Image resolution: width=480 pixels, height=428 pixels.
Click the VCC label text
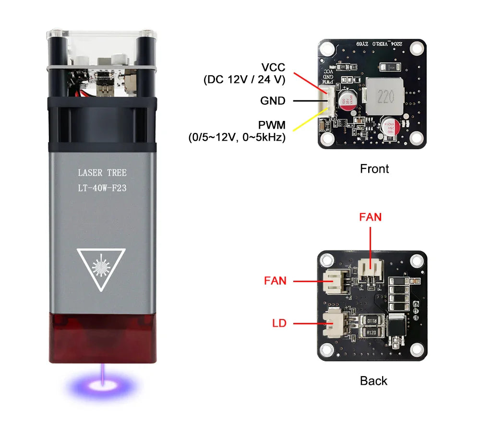(273, 67)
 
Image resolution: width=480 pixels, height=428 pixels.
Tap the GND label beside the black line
(273, 101)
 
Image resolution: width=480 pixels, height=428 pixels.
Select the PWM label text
(272, 125)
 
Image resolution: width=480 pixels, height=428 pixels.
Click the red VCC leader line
(310, 82)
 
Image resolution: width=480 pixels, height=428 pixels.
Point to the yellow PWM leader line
(310, 120)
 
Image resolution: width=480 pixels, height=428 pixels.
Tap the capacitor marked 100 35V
(346, 100)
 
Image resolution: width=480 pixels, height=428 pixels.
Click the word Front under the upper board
(374, 169)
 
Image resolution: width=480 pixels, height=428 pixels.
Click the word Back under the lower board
(373, 381)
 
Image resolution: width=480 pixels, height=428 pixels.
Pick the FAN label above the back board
(371, 217)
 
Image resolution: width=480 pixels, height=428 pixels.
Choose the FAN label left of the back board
(275, 281)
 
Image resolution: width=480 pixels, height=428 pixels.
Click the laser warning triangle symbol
(101, 269)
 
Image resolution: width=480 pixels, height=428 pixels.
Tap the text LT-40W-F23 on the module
(102, 188)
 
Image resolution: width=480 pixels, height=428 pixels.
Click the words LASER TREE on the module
(102, 173)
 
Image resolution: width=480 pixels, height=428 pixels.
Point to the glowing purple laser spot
(103, 384)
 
